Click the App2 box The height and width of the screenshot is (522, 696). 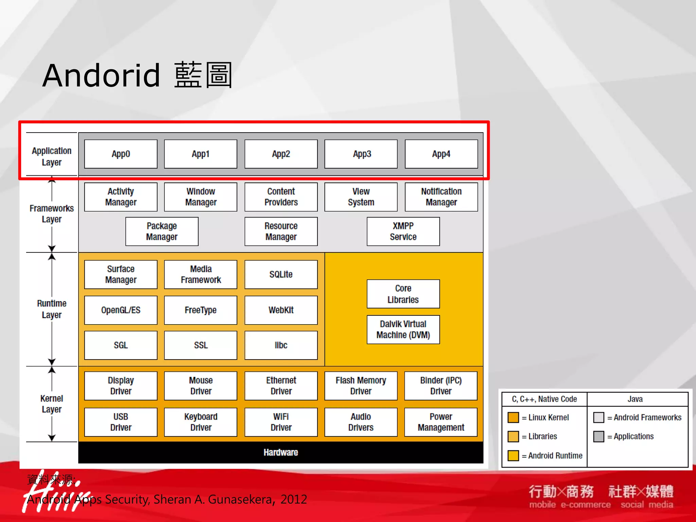[281, 154]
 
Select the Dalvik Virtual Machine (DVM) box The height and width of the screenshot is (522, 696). [403, 329]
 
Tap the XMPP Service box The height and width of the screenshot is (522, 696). [403, 231]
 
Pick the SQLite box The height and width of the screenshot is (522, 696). [281, 274]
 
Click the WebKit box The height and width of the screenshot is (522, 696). [281, 310]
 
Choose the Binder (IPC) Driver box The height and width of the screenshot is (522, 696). [441, 386]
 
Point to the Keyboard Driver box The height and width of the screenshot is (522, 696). [201, 422]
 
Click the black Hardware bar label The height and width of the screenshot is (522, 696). [281, 452]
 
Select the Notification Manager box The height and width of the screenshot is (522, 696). [441, 197]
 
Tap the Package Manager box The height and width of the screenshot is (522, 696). [162, 231]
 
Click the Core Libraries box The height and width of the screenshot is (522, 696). [403, 294]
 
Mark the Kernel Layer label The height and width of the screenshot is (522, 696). [52, 404]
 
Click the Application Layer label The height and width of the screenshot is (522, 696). [52, 156]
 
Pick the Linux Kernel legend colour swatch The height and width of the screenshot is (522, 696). [513, 417]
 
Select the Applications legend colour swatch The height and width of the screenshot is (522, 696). [598, 436]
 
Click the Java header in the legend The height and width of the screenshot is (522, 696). [635, 399]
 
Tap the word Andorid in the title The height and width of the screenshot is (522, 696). [101, 75]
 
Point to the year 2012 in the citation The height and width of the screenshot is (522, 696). [294, 499]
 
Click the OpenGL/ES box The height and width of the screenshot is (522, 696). [121, 310]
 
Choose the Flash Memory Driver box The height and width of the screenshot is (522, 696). [361, 386]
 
